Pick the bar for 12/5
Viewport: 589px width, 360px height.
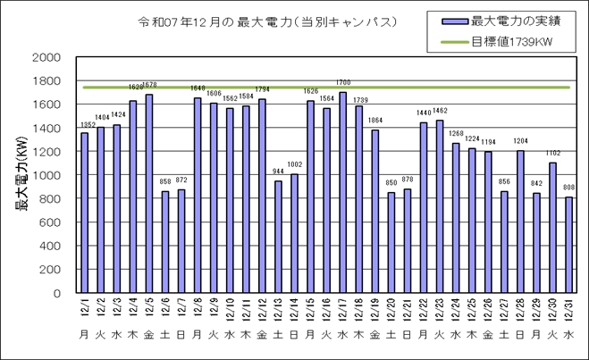pos(149,193)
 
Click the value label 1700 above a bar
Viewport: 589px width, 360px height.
pos(342,83)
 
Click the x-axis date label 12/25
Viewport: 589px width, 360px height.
pos(472,309)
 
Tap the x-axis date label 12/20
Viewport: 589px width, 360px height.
pos(391,309)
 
